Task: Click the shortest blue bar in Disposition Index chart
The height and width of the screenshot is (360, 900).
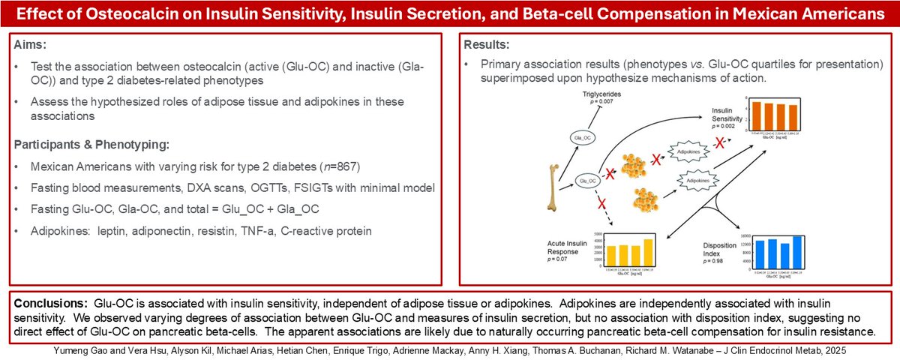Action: click(785, 255)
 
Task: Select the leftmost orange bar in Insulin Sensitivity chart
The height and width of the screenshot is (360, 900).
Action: click(757, 115)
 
